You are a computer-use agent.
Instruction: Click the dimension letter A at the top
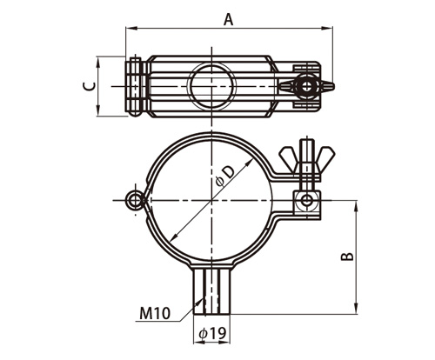(x=229, y=20)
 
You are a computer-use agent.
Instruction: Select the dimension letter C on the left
(x=89, y=86)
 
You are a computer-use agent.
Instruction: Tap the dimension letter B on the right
(x=347, y=257)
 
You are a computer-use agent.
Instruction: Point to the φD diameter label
(x=225, y=177)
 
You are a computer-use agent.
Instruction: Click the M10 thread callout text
(x=155, y=313)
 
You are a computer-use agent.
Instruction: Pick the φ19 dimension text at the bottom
(x=212, y=334)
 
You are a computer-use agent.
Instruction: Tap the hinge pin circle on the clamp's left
(x=134, y=200)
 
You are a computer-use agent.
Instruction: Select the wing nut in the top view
(x=307, y=86)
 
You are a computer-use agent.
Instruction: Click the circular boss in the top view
(x=212, y=86)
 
